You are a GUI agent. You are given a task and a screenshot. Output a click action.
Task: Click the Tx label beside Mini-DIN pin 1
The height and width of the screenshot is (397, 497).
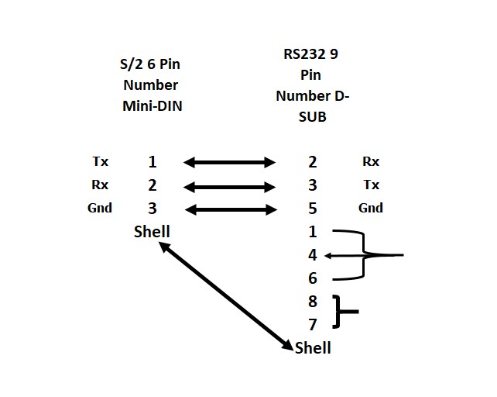click(x=101, y=162)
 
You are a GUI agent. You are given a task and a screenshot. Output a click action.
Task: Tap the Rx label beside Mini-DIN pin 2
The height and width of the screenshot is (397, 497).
click(x=101, y=185)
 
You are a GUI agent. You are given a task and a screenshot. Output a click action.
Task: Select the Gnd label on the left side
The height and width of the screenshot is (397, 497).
click(x=100, y=208)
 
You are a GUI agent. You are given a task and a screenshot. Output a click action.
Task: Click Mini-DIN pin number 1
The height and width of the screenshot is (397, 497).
click(x=153, y=162)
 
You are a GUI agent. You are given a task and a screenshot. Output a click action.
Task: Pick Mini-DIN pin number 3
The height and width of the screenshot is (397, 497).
click(x=153, y=208)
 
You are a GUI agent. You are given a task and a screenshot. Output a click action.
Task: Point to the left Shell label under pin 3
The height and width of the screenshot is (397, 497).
click(x=152, y=231)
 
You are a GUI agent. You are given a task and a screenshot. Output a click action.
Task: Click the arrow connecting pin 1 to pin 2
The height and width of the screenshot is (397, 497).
click(x=229, y=163)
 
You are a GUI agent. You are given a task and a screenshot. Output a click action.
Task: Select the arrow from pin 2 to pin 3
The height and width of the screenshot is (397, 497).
click(x=229, y=186)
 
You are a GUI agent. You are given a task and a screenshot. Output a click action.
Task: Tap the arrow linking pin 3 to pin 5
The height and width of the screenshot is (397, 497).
click(x=229, y=209)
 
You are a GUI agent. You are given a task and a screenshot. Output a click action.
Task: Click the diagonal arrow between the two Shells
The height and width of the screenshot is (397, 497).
click(x=225, y=295)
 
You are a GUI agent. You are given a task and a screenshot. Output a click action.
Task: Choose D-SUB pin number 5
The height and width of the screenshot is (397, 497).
click(x=312, y=208)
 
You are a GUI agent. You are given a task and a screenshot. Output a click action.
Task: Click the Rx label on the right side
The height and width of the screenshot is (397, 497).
click(x=371, y=162)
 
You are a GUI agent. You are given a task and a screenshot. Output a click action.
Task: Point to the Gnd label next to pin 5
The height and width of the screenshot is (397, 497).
click(x=371, y=208)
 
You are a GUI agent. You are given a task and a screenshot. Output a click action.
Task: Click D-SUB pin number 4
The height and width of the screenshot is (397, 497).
click(x=312, y=254)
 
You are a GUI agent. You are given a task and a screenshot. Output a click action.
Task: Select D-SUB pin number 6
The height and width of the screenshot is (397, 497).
click(x=312, y=278)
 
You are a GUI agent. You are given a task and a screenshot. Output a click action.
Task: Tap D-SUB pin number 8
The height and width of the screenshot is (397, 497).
click(x=312, y=302)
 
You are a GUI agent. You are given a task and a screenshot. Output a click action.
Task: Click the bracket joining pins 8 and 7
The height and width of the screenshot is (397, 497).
click(x=341, y=312)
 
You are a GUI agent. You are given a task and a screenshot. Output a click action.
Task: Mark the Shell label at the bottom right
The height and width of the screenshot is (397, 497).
click(x=313, y=348)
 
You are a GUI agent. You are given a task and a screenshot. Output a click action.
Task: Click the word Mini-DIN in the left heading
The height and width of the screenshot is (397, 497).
click(x=153, y=106)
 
